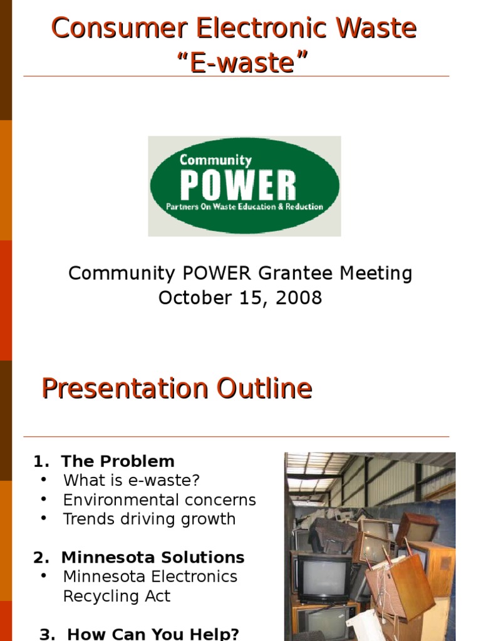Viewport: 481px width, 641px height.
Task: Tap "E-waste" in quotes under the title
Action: (x=240, y=63)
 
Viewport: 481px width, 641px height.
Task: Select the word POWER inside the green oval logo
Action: (x=237, y=185)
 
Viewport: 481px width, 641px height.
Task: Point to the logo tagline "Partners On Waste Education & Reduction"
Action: (x=244, y=207)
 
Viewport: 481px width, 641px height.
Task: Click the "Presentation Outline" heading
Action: (x=177, y=389)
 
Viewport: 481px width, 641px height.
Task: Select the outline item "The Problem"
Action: (x=118, y=462)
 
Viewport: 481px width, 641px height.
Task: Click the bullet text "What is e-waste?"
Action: (x=132, y=481)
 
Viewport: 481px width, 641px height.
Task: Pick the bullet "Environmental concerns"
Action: (x=160, y=500)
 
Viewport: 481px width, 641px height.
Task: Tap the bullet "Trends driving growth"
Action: (x=149, y=519)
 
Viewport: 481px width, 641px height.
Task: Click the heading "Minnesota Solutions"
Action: (x=153, y=557)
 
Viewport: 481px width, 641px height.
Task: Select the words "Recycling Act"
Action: (x=116, y=597)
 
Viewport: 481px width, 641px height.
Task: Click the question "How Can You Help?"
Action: (x=153, y=633)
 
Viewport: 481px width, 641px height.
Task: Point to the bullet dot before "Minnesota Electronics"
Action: (x=43, y=576)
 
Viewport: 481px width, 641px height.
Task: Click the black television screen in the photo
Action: (x=323, y=576)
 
